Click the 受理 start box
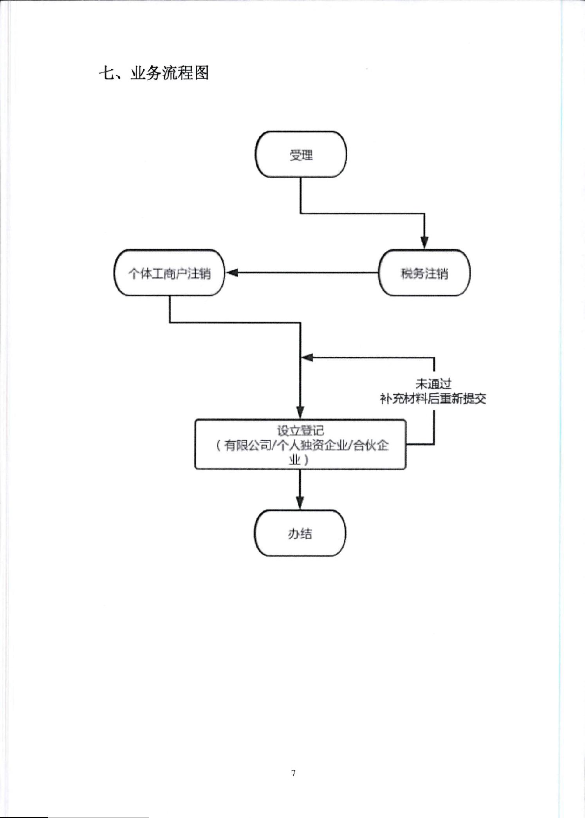click(x=301, y=154)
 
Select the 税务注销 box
click(x=424, y=273)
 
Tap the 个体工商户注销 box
click(x=170, y=273)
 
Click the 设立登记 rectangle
click(x=300, y=444)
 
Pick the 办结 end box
click(x=300, y=533)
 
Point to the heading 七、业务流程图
click(x=154, y=73)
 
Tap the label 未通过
click(x=433, y=384)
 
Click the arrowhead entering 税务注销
click(x=424, y=242)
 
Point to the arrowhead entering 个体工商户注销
click(x=232, y=273)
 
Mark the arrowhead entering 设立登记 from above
click(x=300, y=412)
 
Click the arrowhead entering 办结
click(x=300, y=503)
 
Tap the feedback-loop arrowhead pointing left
click(x=307, y=357)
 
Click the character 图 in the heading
click(x=201, y=73)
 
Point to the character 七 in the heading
click(x=106, y=73)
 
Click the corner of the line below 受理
click(x=301, y=213)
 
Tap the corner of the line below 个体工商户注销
click(x=170, y=323)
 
